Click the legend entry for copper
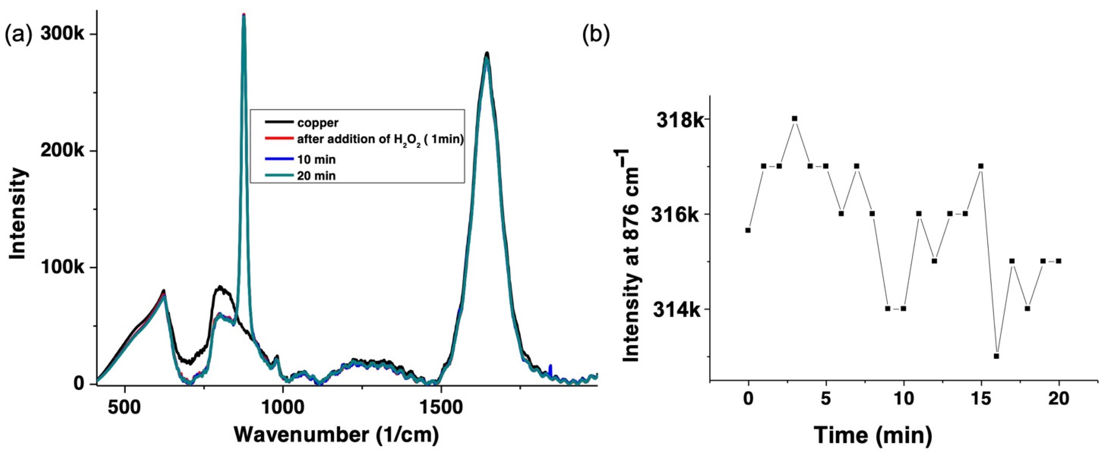[x=318, y=123]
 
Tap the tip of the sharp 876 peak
[x=244, y=15]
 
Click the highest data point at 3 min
[x=795, y=118]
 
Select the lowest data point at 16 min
[x=996, y=356]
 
